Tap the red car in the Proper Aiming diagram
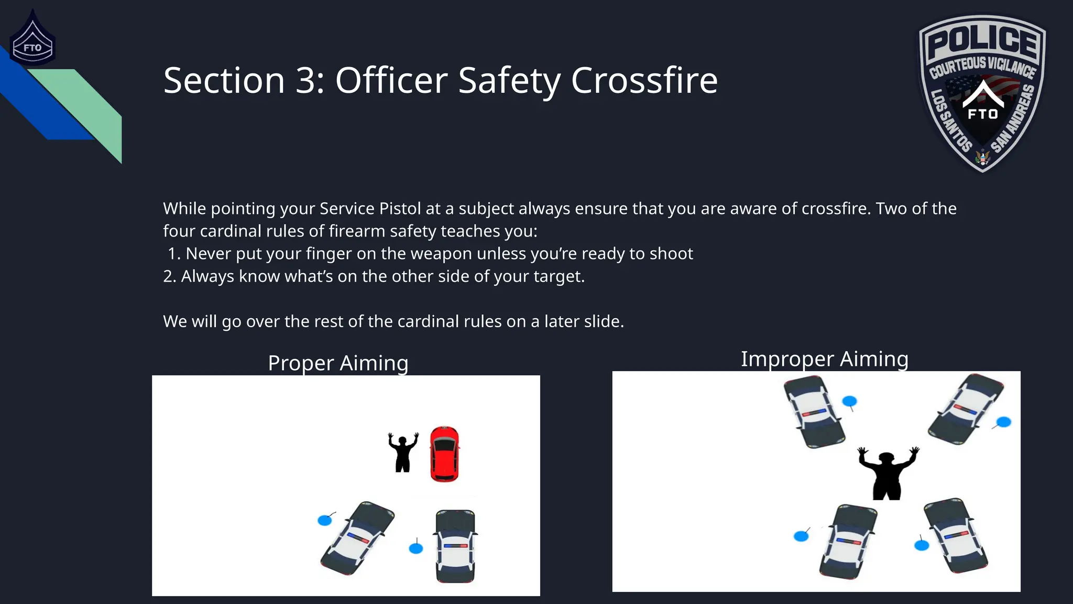[x=444, y=454]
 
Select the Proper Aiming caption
[x=338, y=363]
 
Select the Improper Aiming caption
[x=824, y=359]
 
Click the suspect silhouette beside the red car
[x=403, y=452]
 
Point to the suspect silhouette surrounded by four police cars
[x=886, y=474]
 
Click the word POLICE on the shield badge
[x=982, y=40]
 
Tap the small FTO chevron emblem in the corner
[x=32, y=42]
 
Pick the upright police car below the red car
[x=455, y=546]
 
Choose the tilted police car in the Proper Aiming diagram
[x=357, y=538]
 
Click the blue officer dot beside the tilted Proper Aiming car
[x=325, y=520]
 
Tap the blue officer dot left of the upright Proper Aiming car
[x=415, y=548]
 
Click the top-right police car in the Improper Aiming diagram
[x=966, y=409]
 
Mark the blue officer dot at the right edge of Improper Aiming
[x=1003, y=422]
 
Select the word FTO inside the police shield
[x=982, y=114]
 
